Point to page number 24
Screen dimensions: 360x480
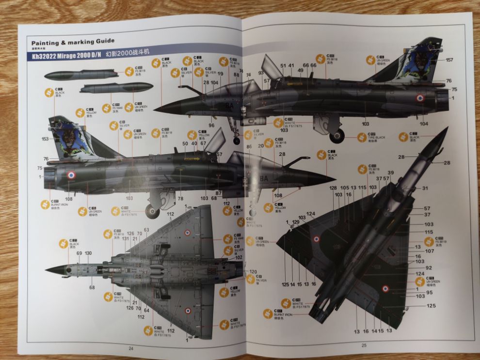coord(130,348)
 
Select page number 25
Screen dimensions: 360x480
coord(364,345)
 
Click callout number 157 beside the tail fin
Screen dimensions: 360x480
coord(449,60)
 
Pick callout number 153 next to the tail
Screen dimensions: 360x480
coord(46,139)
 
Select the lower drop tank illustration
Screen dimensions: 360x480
coord(116,88)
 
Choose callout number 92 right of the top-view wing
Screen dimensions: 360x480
coord(429,267)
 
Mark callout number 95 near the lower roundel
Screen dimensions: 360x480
coord(430,292)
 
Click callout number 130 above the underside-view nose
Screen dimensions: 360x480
coord(88,253)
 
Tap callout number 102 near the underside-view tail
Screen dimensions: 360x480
coord(239,258)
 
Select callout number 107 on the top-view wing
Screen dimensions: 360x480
coord(429,251)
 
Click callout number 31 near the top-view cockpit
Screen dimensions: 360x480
coord(425,188)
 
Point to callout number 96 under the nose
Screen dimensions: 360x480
coord(211,125)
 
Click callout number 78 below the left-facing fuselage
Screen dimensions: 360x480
coord(180,199)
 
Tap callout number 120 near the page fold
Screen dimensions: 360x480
coord(253,271)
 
